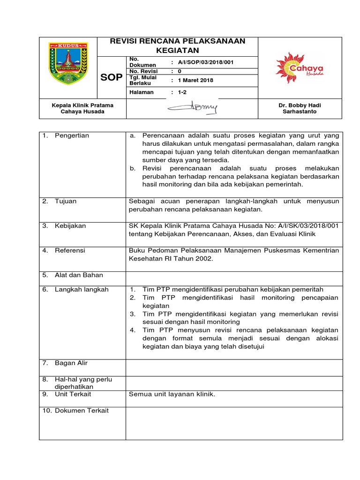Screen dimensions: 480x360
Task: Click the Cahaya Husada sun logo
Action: tap(299, 67)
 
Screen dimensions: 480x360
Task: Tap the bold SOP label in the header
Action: tap(112, 77)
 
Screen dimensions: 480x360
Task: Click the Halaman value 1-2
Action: tap(182, 92)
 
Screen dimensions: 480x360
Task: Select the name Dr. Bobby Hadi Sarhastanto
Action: tap(300, 109)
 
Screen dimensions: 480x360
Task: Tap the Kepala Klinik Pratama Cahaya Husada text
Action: tap(82, 109)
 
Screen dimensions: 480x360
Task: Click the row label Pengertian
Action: tap(72, 135)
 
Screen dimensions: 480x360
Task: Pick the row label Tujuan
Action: tap(66, 201)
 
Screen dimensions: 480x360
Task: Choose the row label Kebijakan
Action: tap(70, 225)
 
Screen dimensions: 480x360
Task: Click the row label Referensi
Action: tap(70, 250)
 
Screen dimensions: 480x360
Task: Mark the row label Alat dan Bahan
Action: tap(79, 275)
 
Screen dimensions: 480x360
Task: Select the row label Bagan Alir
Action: tap(71, 363)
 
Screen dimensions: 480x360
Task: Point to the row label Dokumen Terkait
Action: tap(82, 410)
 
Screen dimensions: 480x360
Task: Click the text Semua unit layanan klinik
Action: tap(172, 394)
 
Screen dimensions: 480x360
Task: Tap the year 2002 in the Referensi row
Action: tap(204, 259)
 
